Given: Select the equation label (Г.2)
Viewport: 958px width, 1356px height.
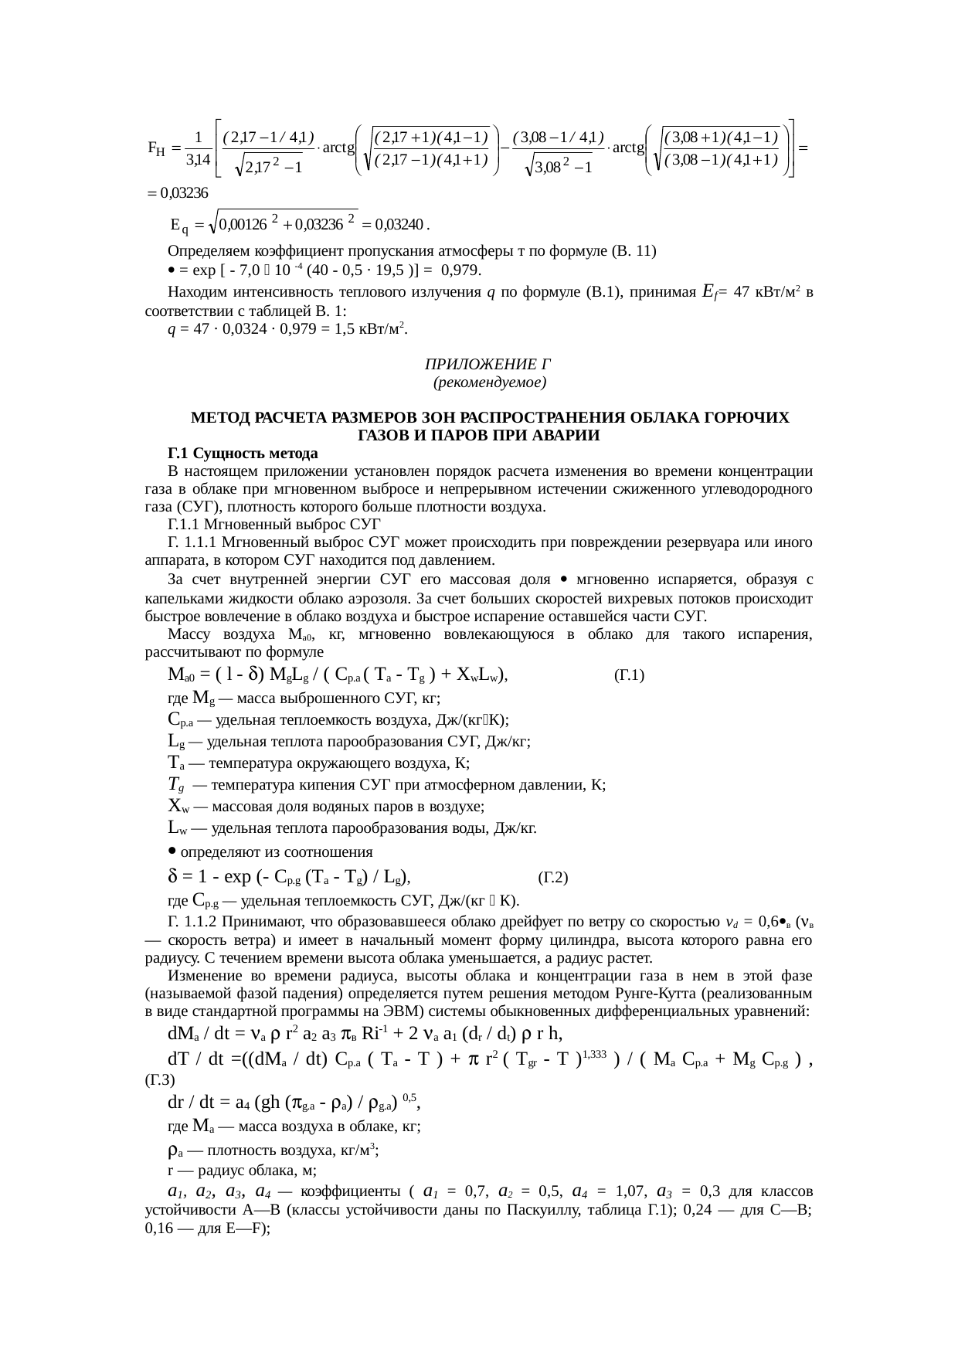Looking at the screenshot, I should tap(552, 878).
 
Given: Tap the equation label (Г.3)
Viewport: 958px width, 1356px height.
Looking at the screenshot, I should tap(160, 1079).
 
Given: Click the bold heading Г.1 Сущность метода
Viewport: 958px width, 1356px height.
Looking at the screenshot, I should tap(243, 452).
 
